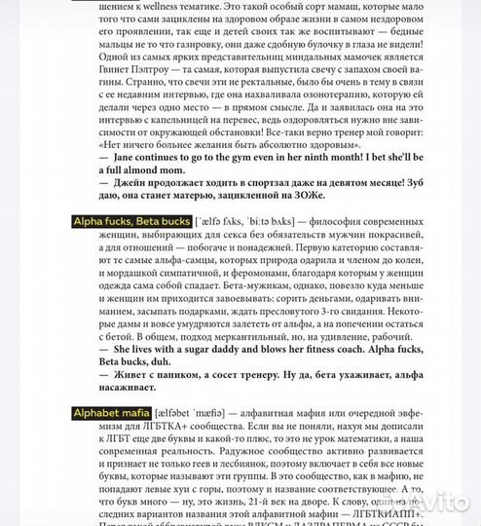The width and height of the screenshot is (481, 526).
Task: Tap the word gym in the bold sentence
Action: point(225,165)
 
